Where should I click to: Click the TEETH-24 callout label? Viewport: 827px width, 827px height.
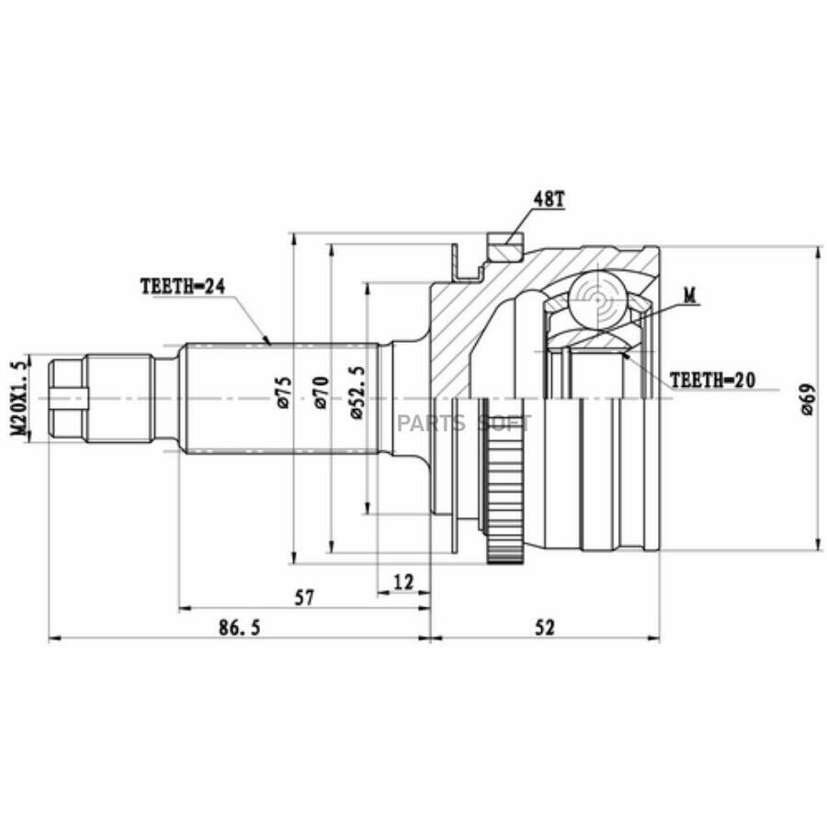pyautogui.click(x=183, y=287)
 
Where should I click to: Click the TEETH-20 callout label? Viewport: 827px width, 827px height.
pyautogui.click(x=712, y=380)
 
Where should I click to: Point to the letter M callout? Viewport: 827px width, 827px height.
pyautogui.click(x=690, y=296)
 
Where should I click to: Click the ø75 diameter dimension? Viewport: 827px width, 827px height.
pyautogui.click(x=283, y=393)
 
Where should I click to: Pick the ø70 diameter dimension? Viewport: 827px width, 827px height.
pyautogui.click(x=322, y=393)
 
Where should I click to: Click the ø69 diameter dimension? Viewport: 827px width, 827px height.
pyautogui.click(x=808, y=399)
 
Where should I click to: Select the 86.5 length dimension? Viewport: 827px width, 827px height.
pyautogui.click(x=240, y=628)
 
